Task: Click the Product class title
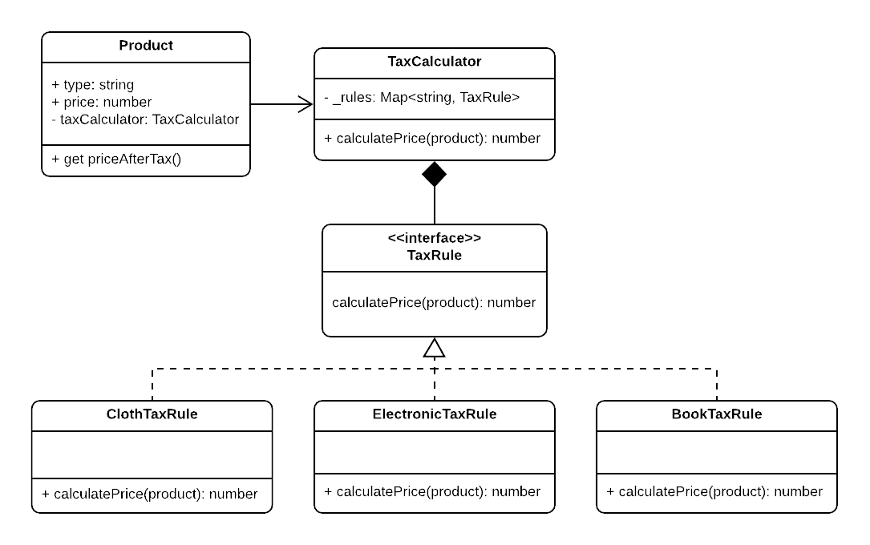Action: [x=146, y=46]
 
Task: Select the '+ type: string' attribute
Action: [x=93, y=84]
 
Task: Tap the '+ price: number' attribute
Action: [x=102, y=102]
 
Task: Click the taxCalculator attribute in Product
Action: [x=145, y=119]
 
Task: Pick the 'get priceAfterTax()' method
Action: [x=117, y=159]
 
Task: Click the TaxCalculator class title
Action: [x=434, y=62]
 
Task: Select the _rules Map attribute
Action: [x=422, y=97]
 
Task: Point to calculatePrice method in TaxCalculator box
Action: [x=432, y=138]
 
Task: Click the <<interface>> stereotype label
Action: [x=434, y=238]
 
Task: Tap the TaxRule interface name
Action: [x=434, y=256]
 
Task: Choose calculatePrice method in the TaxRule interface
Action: [x=434, y=302]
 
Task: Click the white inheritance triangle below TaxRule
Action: [x=434, y=348]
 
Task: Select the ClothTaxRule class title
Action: [x=152, y=414]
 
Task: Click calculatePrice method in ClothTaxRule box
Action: [x=150, y=494]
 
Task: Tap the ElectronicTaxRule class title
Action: [x=434, y=414]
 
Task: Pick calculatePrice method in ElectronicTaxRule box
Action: [x=432, y=491]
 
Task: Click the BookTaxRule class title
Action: [x=716, y=414]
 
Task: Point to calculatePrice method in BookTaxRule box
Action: [x=714, y=491]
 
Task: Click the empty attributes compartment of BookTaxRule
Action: [x=716, y=452]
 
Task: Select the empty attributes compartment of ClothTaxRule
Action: [x=152, y=453]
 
